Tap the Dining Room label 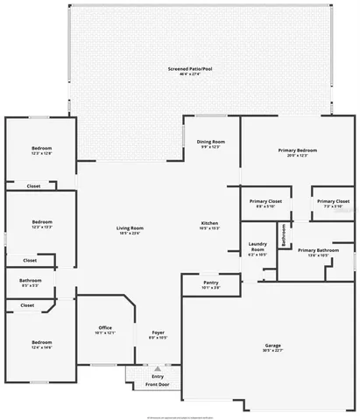(x=210, y=142)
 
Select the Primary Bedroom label (x=297, y=150)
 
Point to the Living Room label (x=130, y=228)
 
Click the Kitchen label (x=209, y=223)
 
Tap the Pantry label (x=210, y=283)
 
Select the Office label (x=105, y=328)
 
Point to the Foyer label (x=158, y=332)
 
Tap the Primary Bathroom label (x=318, y=251)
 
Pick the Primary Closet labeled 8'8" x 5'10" (x=265, y=201)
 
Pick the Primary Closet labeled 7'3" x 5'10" (x=334, y=201)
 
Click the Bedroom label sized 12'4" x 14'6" (x=42, y=342)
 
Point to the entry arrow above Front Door (x=158, y=368)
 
